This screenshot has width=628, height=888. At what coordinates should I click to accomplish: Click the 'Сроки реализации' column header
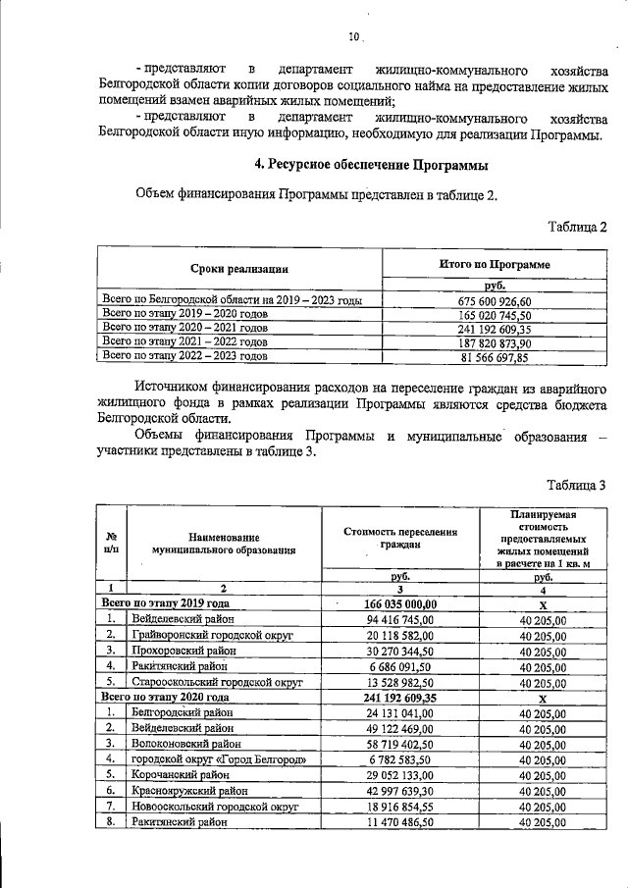click(x=238, y=268)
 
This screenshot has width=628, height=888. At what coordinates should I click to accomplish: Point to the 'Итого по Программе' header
click(x=494, y=265)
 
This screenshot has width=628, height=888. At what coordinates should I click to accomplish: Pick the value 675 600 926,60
click(x=495, y=301)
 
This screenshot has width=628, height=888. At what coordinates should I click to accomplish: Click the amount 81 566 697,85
click(x=495, y=358)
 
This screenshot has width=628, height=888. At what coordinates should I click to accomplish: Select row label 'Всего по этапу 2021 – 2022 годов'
click(x=185, y=343)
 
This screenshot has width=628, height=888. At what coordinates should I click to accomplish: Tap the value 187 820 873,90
click(x=495, y=343)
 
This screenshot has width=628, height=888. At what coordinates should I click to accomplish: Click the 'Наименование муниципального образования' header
click(x=225, y=544)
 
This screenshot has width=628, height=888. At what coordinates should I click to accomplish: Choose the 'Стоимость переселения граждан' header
click(x=400, y=537)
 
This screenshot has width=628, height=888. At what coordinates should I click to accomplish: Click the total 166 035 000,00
click(x=400, y=603)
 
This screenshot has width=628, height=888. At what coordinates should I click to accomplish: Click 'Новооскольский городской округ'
click(x=213, y=806)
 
